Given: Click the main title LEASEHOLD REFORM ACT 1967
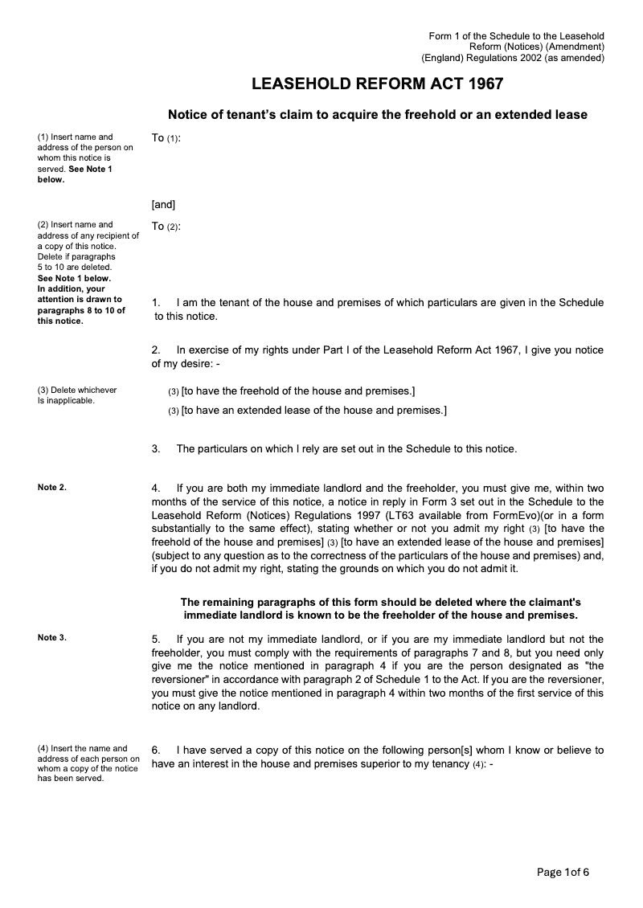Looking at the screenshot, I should pyautogui.click(x=377, y=84).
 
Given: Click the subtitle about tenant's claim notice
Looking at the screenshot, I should pyautogui.click(x=377, y=115).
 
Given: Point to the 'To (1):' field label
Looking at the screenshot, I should pyautogui.click(x=166, y=138).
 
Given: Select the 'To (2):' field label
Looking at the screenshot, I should pyautogui.click(x=166, y=227).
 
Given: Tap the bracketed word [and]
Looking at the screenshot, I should pyautogui.click(x=163, y=204).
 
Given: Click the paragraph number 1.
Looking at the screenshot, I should pyautogui.click(x=156, y=303).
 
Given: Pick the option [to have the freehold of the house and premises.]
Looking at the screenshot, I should pyautogui.click(x=298, y=391).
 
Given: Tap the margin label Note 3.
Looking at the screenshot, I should pyautogui.click(x=52, y=637).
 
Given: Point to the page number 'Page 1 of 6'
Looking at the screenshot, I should pyautogui.click(x=563, y=872).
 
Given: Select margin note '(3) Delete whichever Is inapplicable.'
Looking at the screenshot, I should pyautogui.click(x=77, y=395).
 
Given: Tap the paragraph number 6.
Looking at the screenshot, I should pyautogui.click(x=156, y=750).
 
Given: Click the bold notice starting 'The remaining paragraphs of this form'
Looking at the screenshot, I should pyautogui.click(x=380, y=608).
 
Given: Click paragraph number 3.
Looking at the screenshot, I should pyautogui.click(x=156, y=448).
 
